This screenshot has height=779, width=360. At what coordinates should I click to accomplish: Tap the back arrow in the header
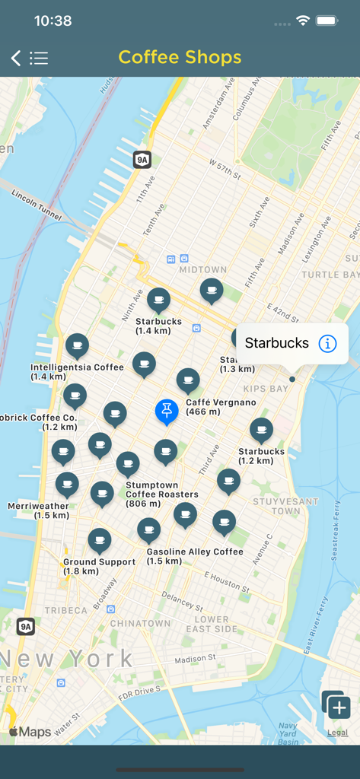pos(16,58)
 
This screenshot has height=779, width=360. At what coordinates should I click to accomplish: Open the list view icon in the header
pos(39,58)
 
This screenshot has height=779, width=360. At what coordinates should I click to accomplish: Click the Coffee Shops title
pos(180,57)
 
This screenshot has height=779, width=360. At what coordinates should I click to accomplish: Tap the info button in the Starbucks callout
pos(327,343)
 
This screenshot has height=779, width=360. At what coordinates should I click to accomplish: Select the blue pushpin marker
pos(167,411)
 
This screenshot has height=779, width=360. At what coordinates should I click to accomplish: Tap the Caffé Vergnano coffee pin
pos(188,380)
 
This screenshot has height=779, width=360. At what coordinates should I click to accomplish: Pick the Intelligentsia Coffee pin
pos(76,345)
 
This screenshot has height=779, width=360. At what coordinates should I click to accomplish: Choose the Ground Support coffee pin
pos(99,541)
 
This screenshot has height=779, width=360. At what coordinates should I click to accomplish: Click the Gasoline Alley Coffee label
pos(195,552)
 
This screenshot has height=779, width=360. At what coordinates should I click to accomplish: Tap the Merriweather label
pos(38,506)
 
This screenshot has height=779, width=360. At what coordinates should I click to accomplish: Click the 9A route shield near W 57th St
pos(142,159)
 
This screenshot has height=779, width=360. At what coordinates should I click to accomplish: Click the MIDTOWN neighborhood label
pos(203,269)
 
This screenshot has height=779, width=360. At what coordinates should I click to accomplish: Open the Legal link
pos(337,733)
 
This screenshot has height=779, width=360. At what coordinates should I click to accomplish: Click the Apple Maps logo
pos(30,732)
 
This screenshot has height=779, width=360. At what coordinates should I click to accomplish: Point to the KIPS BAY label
pos(266,389)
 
